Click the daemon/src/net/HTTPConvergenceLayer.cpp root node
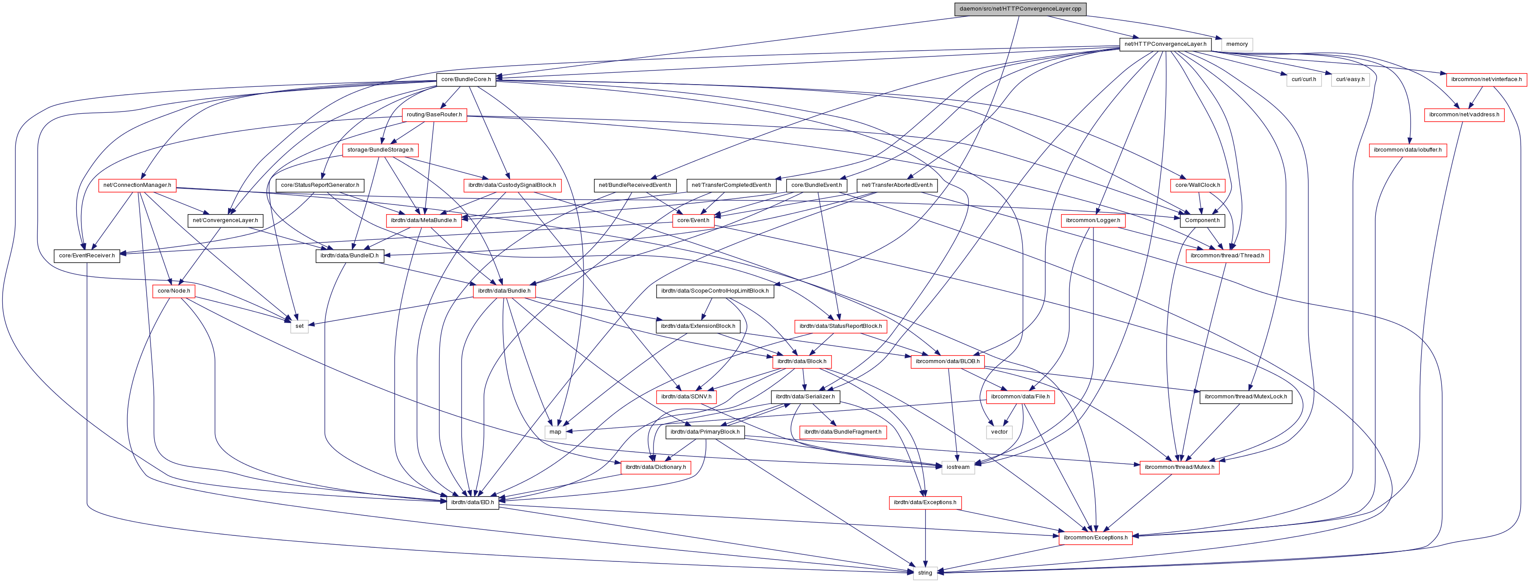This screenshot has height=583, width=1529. [x=1020, y=9]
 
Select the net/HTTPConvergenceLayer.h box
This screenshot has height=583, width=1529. [x=1164, y=44]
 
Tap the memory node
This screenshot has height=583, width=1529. [x=1237, y=44]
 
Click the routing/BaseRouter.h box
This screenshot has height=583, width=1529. [x=434, y=115]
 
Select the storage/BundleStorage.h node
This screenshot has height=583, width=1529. [x=380, y=150]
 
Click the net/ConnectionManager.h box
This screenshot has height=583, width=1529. [x=137, y=185]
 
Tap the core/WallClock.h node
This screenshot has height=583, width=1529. [x=1197, y=185]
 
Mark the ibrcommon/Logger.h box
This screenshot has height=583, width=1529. [x=1093, y=220]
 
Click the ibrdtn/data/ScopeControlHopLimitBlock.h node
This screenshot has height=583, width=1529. [x=715, y=291]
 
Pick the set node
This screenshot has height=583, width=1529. [x=299, y=326]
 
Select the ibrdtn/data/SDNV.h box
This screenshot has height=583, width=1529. [x=686, y=397]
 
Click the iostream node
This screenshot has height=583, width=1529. [x=957, y=467]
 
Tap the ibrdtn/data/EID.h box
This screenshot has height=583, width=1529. [x=472, y=502]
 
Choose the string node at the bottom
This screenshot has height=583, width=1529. [x=925, y=573]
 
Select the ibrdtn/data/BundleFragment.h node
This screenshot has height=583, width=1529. [x=842, y=431]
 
